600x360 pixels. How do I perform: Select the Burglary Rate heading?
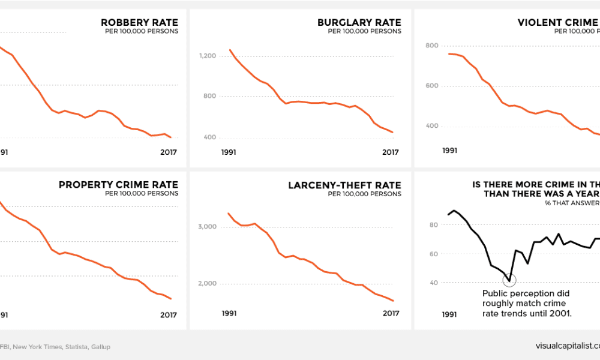(x=359, y=23)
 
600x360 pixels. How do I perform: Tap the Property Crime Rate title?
(x=118, y=185)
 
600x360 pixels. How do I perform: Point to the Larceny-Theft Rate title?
(x=344, y=185)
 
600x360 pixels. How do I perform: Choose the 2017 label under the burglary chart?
(x=391, y=152)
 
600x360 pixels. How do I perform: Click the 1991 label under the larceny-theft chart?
(x=229, y=313)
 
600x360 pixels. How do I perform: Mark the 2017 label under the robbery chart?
(x=169, y=152)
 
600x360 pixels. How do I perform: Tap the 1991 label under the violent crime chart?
(x=450, y=151)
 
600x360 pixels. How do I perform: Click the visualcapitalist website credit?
(x=567, y=346)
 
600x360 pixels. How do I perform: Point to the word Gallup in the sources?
(x=100, y=347)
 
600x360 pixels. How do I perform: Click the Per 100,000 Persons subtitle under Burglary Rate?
(x=364, y=32)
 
